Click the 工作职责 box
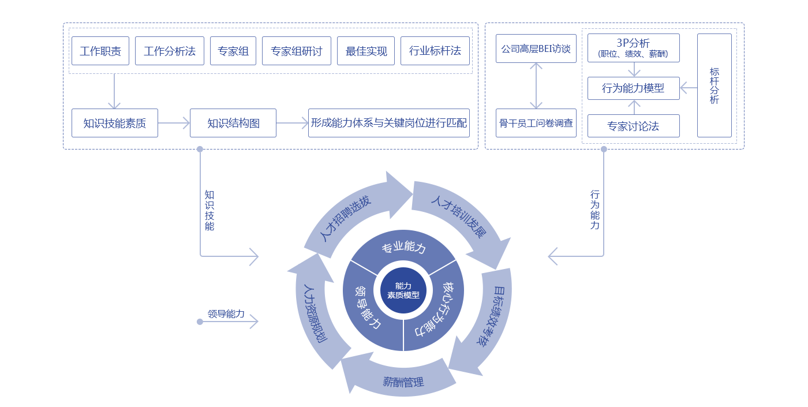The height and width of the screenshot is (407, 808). coord(100,51)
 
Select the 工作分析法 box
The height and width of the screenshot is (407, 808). coord(170,51)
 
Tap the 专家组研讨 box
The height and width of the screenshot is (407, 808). coord(297,51)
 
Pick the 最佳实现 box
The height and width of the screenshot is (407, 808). coord(366,51)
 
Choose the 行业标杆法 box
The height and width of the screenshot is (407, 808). coord(435,51)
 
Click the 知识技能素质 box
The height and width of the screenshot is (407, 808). coord(114,123)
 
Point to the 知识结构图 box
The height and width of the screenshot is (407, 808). coord(233,123)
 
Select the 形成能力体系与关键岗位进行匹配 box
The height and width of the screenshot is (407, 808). coord(389,123)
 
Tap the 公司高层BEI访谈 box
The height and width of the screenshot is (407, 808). coord(536,48)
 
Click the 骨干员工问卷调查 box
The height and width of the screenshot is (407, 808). coord(536,123)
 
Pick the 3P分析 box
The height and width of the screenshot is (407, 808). coord(633,48)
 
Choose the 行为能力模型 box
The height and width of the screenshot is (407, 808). coord(633,88)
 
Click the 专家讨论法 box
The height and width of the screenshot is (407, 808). coord(633,126)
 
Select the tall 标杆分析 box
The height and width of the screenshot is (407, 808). coord(715,85)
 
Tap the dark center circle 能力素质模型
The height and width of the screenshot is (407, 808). coord(403,290)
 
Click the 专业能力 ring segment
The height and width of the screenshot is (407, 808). coord(403,248)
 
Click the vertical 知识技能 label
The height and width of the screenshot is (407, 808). coord(209,210)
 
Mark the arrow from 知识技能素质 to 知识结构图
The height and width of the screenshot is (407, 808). coord(174,123)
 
